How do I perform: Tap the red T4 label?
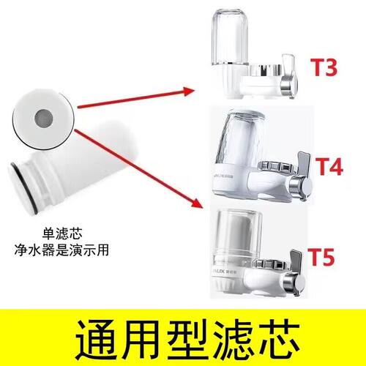tap(330, 167)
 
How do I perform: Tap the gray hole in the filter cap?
tap(44, 115)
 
